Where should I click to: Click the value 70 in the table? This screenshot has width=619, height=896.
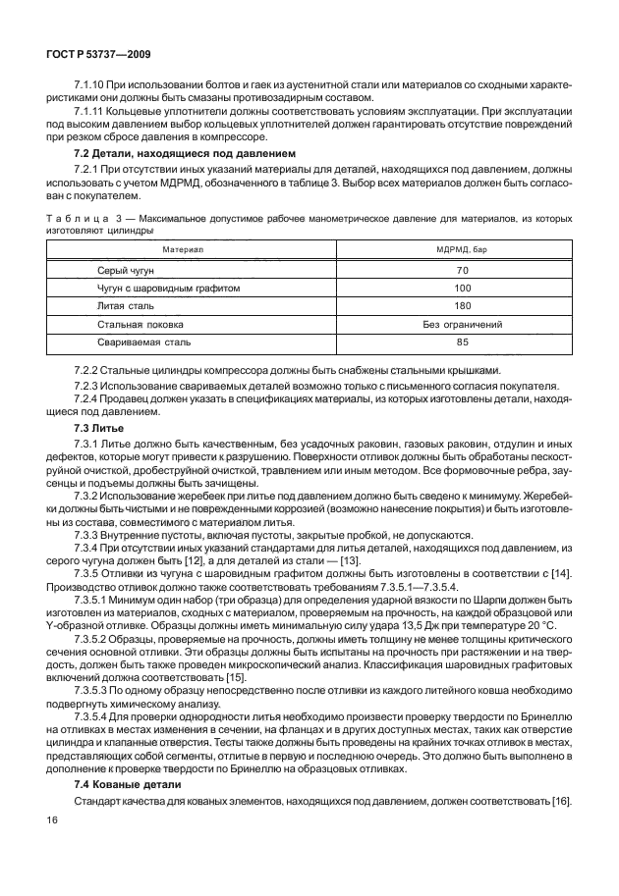(463, 270)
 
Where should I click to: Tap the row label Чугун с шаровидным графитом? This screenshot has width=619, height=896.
(169, 289)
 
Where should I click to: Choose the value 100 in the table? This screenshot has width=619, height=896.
(463, 289)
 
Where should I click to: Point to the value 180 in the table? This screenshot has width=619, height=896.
(463, 306)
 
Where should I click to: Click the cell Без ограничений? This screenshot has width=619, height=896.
(463, 324)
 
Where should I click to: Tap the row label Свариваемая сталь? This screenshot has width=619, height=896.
(144, 343)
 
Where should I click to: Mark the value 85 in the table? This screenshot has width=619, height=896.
(463, 343)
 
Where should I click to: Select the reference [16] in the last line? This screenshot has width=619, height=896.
(561, 803)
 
